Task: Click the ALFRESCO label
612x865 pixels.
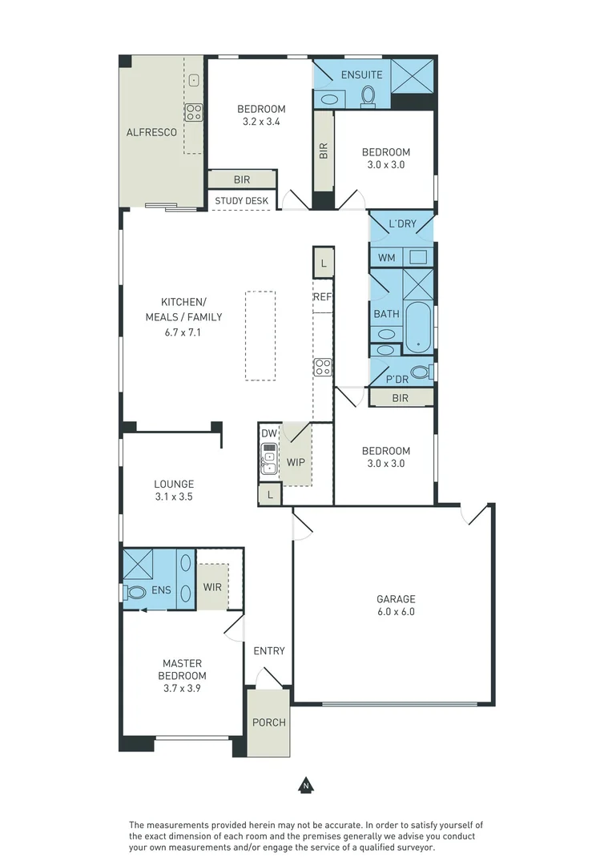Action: click(151, 132)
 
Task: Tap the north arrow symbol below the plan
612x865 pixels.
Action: click(305, 786)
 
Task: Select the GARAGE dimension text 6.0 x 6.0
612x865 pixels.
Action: click(396, 612)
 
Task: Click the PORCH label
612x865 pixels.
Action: click(268, 722)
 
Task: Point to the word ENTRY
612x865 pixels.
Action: click(268, 651)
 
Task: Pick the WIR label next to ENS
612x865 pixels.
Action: click(212, 587)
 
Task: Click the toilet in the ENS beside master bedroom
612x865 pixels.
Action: click(135, 593)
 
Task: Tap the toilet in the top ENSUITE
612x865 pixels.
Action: click(368, 95)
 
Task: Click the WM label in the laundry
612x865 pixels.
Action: click(386, 258)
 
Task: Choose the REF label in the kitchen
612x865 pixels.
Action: click(322, 297)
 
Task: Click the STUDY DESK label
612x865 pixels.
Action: click(241, 201)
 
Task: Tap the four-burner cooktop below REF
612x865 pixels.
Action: click(323, 367)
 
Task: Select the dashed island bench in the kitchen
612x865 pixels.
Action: click(260, 335)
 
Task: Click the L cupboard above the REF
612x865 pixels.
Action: click(323, 263)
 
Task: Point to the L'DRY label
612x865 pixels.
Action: click(402, 223)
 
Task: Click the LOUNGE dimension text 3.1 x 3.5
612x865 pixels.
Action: click(174, 497)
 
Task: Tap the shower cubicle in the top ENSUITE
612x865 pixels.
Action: click(413, 77)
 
